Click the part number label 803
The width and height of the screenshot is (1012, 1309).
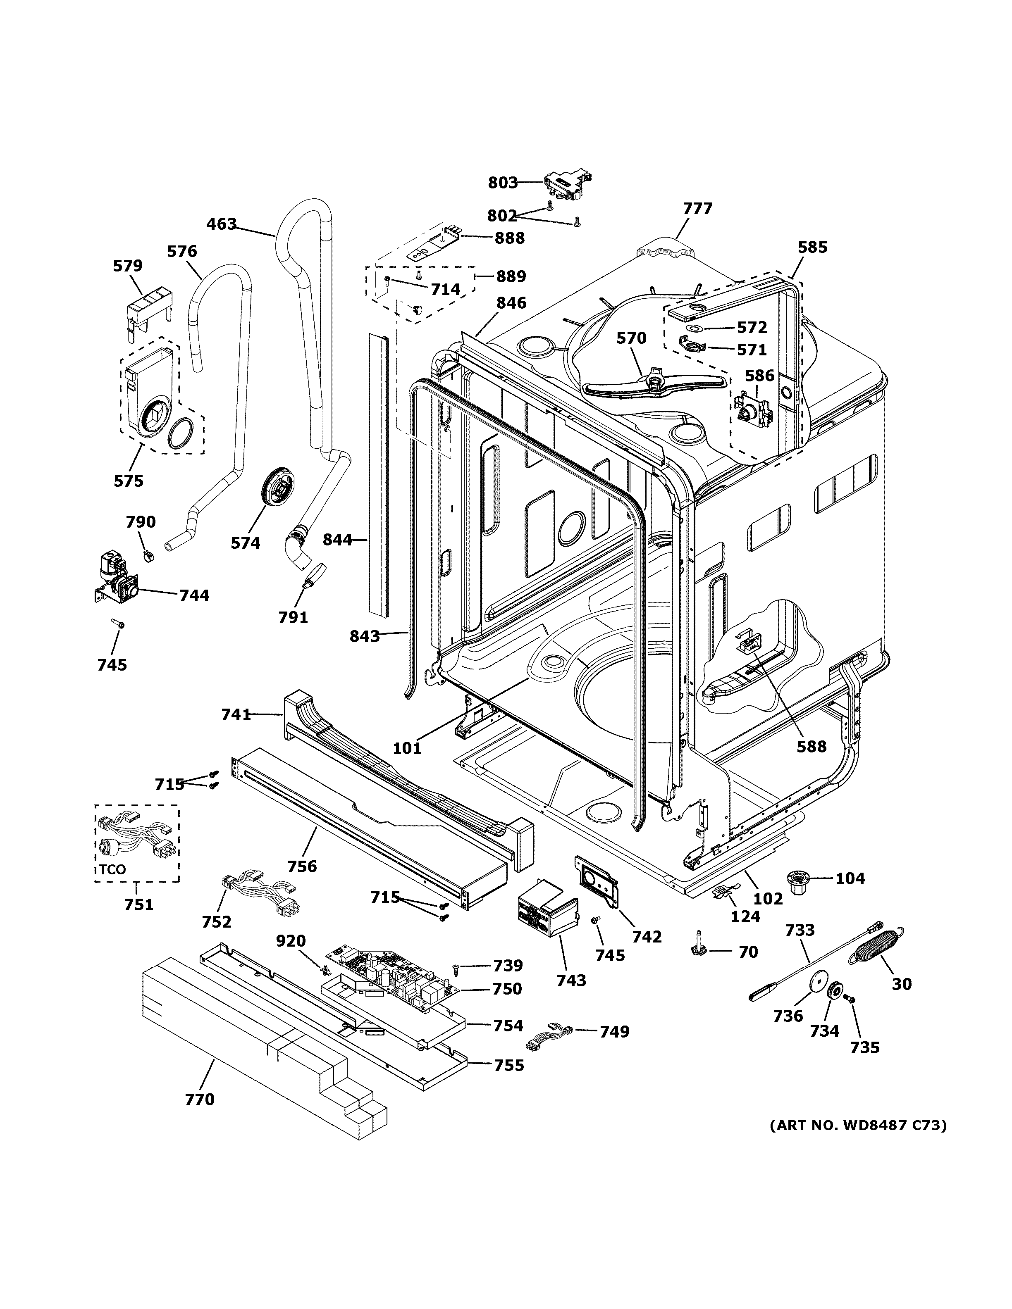pyautogui.click(x=502, y=182)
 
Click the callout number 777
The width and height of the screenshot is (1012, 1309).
pyautogui.click(x=697, y=209)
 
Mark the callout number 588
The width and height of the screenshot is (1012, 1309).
pyautogui.click(x=811, y=746)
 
